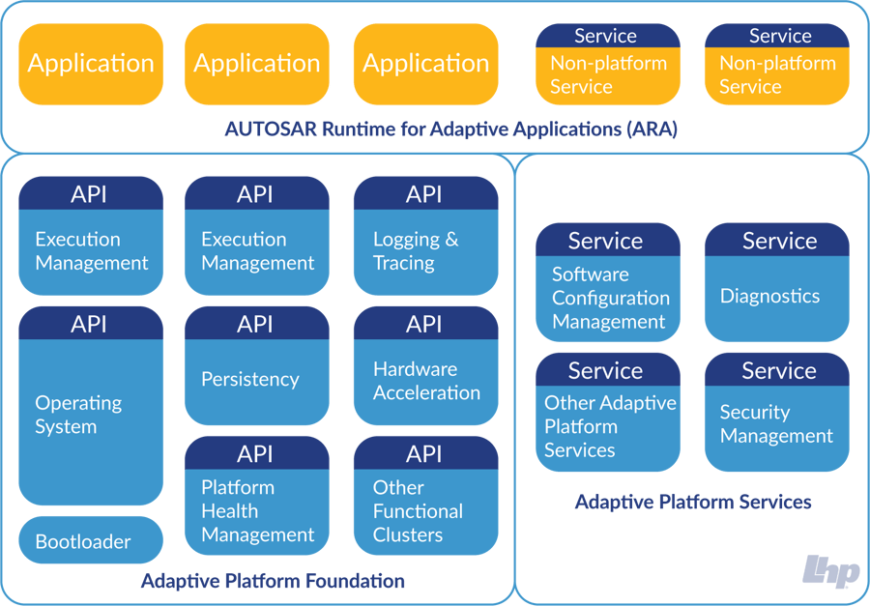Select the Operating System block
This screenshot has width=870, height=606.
90,416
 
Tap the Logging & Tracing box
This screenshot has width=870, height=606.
425,251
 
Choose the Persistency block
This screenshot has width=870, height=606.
256,380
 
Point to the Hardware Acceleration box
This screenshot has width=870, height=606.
425,381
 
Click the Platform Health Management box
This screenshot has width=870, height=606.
256,511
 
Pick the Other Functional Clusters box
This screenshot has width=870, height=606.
425,511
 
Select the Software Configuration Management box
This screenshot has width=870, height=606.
607,298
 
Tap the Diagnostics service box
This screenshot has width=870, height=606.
776,297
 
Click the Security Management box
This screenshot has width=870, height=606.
776,424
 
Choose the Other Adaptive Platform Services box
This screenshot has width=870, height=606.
607,426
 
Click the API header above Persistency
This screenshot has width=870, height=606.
256,324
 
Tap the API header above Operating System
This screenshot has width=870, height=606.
90,324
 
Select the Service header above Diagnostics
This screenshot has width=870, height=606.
776,241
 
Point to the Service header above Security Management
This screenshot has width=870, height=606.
776,370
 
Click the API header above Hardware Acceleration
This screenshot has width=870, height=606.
425,324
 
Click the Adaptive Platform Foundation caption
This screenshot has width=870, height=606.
273,581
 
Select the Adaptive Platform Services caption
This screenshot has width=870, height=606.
692,502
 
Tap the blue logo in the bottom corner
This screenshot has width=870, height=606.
829,571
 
